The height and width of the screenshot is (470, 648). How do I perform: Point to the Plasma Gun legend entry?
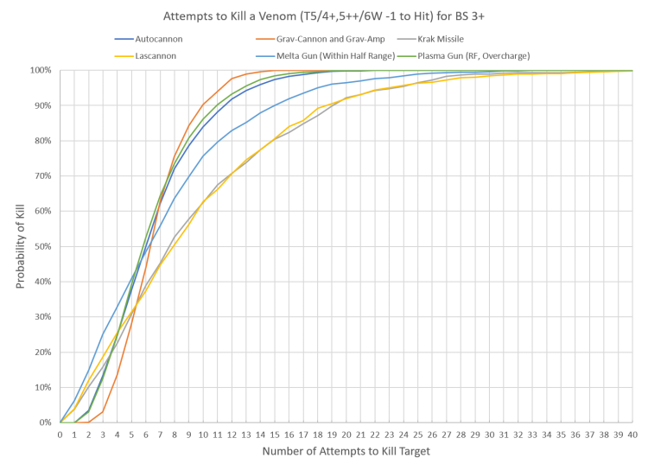click(x=485, y=55)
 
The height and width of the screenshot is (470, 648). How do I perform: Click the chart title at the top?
click(x=323, y=17)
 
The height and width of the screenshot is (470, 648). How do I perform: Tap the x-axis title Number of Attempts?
click(x=349, y=453)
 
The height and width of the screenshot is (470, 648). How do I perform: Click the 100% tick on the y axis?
click(x=42, y=69)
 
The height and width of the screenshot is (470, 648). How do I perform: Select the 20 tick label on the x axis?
click(x=346, y=434)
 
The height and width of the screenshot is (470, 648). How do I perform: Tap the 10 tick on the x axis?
click(x=203, y=434)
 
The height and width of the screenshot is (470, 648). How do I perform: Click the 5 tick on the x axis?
click(x=131, y=434)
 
